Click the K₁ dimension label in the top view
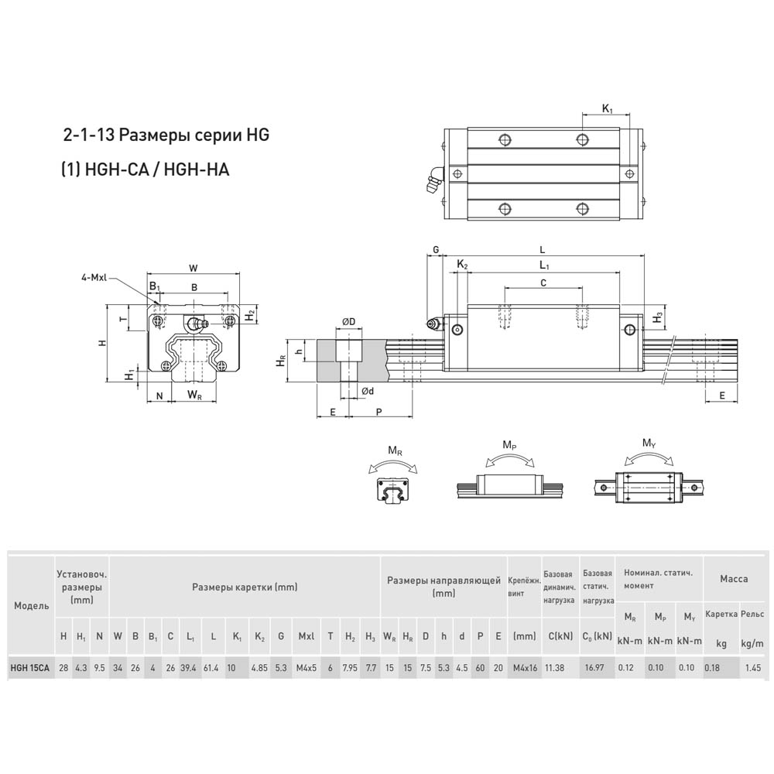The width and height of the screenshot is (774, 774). (607, 108)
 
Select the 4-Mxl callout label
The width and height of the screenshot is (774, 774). (94, 278)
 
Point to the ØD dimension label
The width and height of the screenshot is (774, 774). (348, 322)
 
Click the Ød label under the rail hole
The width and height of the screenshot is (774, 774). (368, 391)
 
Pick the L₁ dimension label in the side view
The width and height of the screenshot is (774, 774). (544, 265)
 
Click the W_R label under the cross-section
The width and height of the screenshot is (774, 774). (194, 395)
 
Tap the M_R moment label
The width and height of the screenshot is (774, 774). (395, 450)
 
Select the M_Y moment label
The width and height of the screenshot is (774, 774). (649, 444)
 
